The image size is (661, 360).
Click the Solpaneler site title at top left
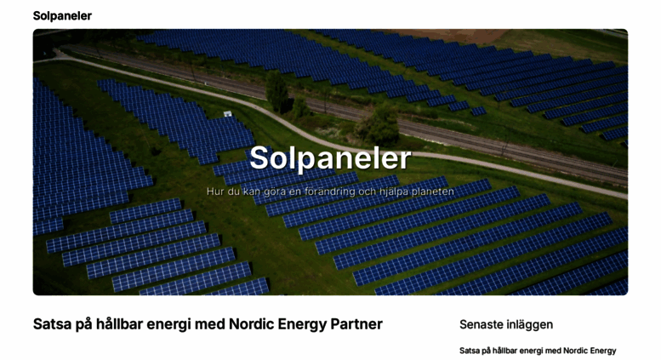[62, 15]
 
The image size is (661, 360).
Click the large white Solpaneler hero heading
[330, 158]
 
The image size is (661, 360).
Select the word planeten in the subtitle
[432, 191]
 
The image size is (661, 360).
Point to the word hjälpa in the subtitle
[394, 192]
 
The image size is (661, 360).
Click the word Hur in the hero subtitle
[215, 191]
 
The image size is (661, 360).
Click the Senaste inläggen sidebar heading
[506, 324]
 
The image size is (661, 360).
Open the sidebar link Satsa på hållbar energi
[538, 351]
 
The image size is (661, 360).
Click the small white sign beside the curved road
[228, 113]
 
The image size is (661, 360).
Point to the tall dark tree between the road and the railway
[277, 91]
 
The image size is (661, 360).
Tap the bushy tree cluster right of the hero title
[378, 124]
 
